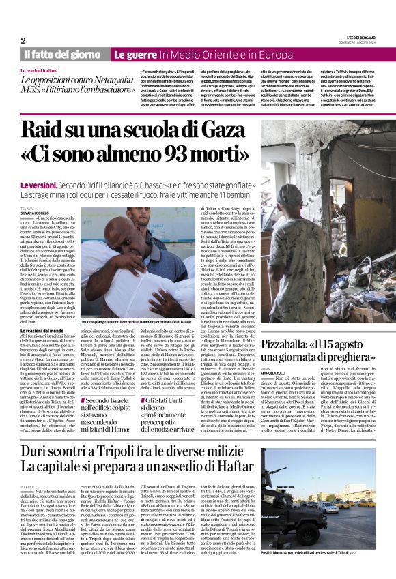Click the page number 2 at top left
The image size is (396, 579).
pos(23,40)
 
